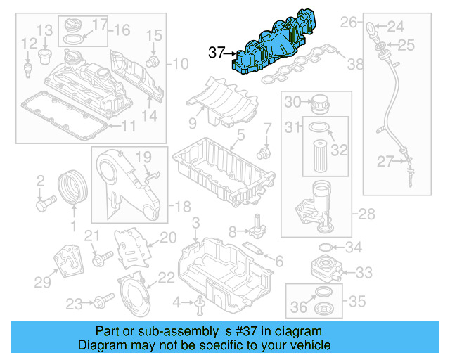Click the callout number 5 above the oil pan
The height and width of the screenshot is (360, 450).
240,134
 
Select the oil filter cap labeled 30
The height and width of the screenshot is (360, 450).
320,103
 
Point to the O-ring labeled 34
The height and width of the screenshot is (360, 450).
327,247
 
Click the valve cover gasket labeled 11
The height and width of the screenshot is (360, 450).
63,116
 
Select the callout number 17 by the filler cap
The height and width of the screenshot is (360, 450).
99,24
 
